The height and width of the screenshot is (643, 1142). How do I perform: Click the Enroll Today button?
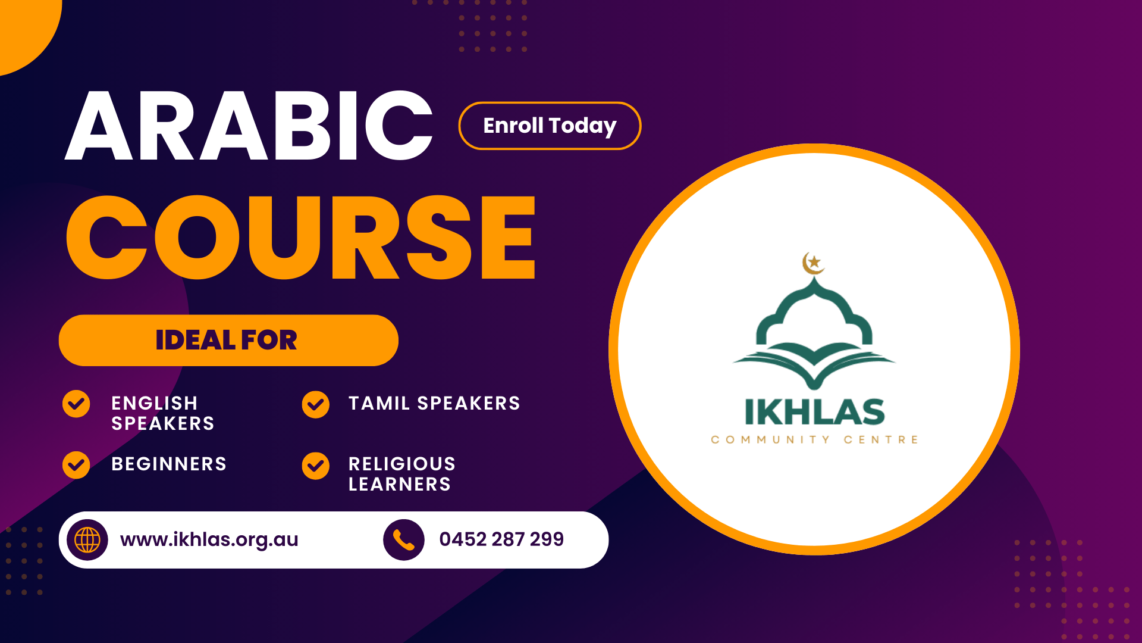click(x=550, y=126)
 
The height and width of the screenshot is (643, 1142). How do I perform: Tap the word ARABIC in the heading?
click(x=249, y=126)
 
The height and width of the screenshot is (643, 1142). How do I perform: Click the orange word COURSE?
click(x=300, y=237)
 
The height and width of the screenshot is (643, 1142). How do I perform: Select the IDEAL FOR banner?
click(x=228, y=340)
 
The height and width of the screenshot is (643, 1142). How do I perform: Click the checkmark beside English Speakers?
click(x=76, y=404)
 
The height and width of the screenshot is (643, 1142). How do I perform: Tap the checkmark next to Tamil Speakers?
click(x=315, y=405)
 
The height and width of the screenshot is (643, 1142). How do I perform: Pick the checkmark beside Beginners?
click(x=76, y=465)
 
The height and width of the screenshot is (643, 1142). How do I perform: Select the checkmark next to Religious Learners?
click(x=315, y=466)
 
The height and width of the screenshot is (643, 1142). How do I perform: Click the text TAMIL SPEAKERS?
click(x=434, y=403)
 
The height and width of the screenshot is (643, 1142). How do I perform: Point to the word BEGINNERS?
click(x=169, y=464)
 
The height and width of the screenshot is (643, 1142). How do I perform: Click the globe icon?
click(x=87, y=540)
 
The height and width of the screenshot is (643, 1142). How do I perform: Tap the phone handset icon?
click(x=404, y=540)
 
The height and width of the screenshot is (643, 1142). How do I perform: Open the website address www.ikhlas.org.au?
click(x=209, y=539)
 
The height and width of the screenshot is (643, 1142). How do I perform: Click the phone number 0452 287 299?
click(x=501, y=539)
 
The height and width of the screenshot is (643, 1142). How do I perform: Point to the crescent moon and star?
click(x=813, y=263)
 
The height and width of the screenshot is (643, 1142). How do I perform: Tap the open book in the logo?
click(x=814, y=364)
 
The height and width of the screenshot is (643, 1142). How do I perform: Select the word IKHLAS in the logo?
click(x=814, y=412)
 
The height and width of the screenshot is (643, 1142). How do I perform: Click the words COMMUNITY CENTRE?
click(x=814, y=440)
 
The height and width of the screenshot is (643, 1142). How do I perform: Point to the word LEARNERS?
click(x=400, y=484)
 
